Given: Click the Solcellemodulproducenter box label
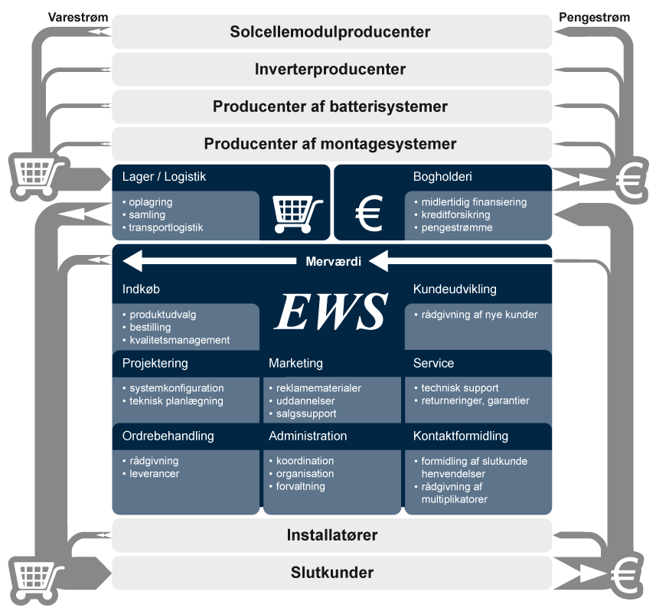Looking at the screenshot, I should (330, 32).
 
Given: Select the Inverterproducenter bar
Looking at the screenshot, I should (330, 70).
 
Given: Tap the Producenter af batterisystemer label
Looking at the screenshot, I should (330, 106).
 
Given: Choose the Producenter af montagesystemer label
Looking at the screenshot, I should (330, 144).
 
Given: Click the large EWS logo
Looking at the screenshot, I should (331, 311).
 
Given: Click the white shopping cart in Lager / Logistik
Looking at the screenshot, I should (297, 211).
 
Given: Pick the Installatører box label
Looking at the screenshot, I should (331, 534).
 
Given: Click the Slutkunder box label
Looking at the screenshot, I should (331, 573).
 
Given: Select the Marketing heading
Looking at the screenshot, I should (295, 363).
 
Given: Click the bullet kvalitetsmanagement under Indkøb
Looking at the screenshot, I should (179, 340).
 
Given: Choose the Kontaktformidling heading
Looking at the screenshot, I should (460, 436).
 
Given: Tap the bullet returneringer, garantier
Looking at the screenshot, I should (475, 400).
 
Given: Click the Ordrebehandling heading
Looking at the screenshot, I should (168, 436).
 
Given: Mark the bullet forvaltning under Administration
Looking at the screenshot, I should (300, 486).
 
